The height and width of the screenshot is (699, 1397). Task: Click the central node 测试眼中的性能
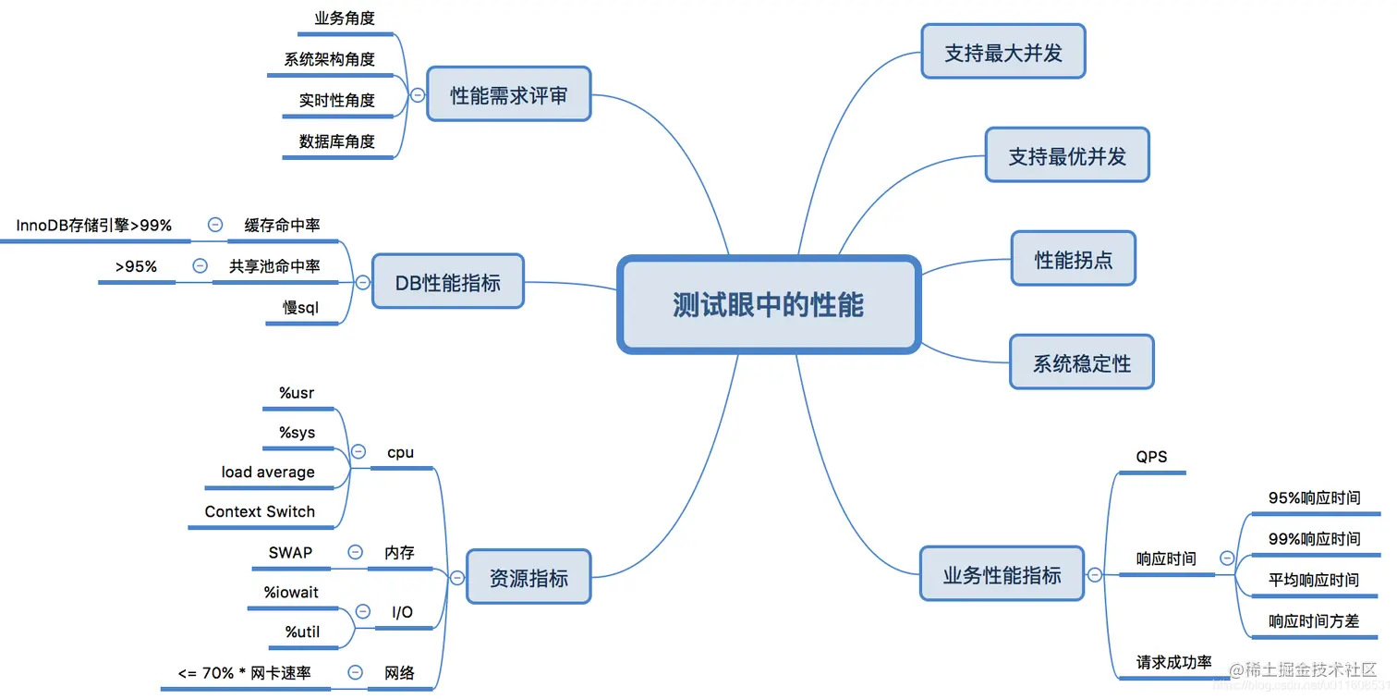point(768,305)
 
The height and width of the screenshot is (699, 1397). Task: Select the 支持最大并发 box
point(1002,53)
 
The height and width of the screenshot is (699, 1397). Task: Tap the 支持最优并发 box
point(1067,155)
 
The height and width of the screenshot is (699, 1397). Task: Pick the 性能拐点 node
point(1073,259)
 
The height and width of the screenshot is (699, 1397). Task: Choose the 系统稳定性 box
point(1081,362)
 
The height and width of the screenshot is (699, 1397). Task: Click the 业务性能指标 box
point(1002,574)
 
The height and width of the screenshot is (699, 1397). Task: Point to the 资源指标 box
point(528,578)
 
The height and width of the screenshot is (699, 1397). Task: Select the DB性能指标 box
point(448,282)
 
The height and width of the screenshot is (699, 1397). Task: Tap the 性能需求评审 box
point(508,94)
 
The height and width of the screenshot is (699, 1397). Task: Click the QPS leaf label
point(1151,457)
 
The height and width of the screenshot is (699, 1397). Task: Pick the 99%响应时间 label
point(1314,538)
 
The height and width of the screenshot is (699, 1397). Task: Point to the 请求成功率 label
point(1173,663)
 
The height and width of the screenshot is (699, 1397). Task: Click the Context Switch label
point(260,511)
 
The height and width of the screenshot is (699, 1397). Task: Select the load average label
point(268,472)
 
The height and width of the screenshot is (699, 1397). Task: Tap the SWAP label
point(290,552)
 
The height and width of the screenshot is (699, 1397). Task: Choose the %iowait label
point(291,592)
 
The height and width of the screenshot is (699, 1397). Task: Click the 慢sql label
point(300,307)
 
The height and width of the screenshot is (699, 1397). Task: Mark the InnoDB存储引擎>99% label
point(94,225)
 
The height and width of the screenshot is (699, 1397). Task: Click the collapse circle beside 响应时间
point(1227,558)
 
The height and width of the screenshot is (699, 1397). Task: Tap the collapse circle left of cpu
point(358,452)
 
